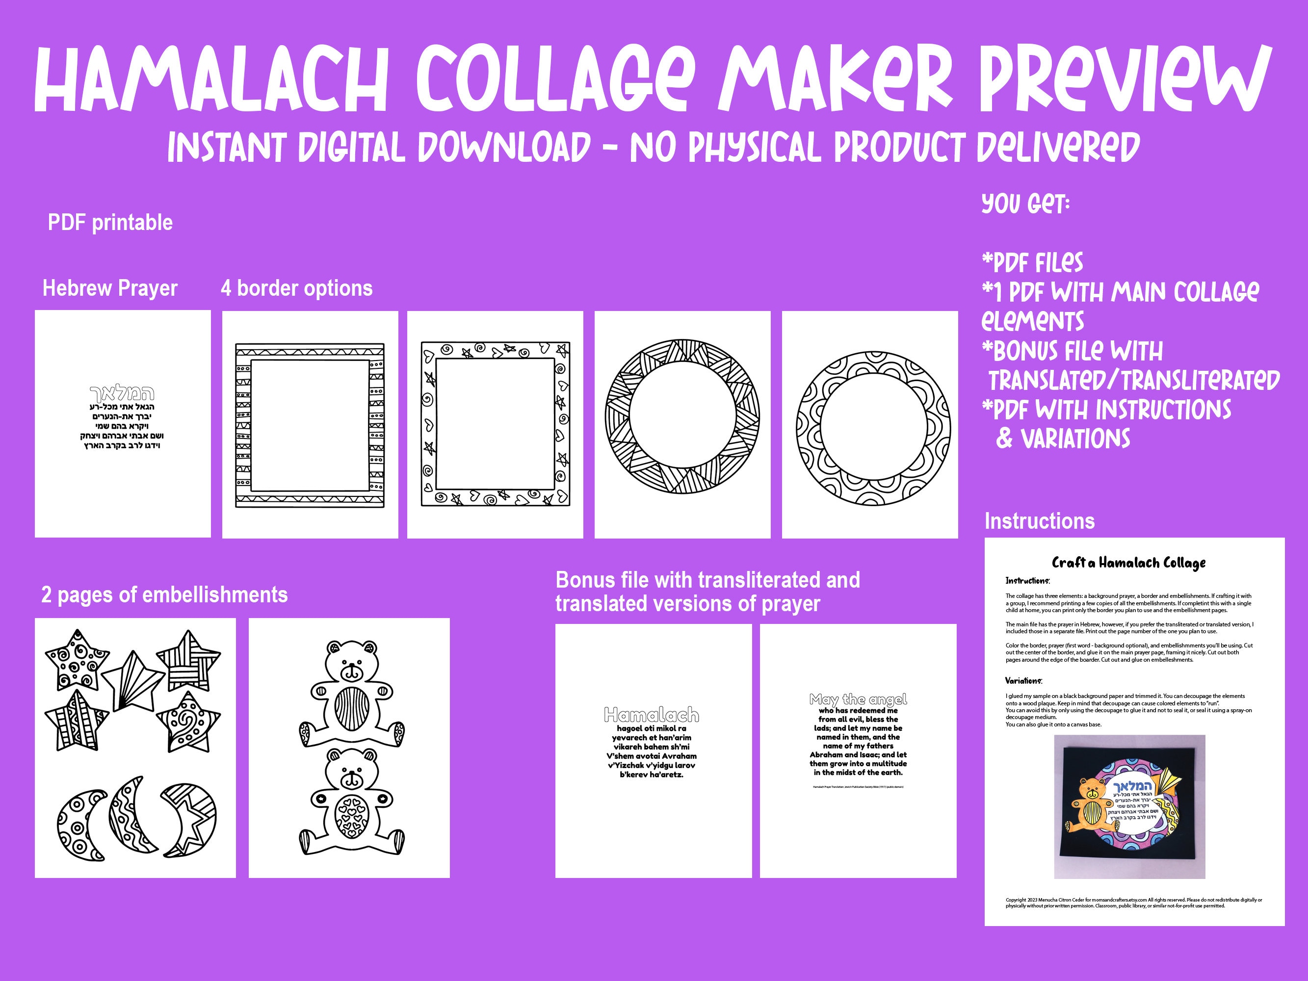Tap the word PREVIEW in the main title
(x=1124, y=80)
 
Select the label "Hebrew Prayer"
(x=110, y=288)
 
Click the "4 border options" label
(x=296, y=288)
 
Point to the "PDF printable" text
(x=110, y=223)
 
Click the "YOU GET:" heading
(x=1025, y=204)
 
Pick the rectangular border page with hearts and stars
(x=495, y=424)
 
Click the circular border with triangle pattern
(x=682, y=416)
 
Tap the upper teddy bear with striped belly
(x=352, y=692)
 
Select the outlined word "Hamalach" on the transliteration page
(x=652, y=715)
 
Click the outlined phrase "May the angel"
(x=858, y=699)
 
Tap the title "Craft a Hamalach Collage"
(x=1128, y=562)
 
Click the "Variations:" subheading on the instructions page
(x=1023, y=681)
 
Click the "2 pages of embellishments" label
(x=164, y=595)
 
